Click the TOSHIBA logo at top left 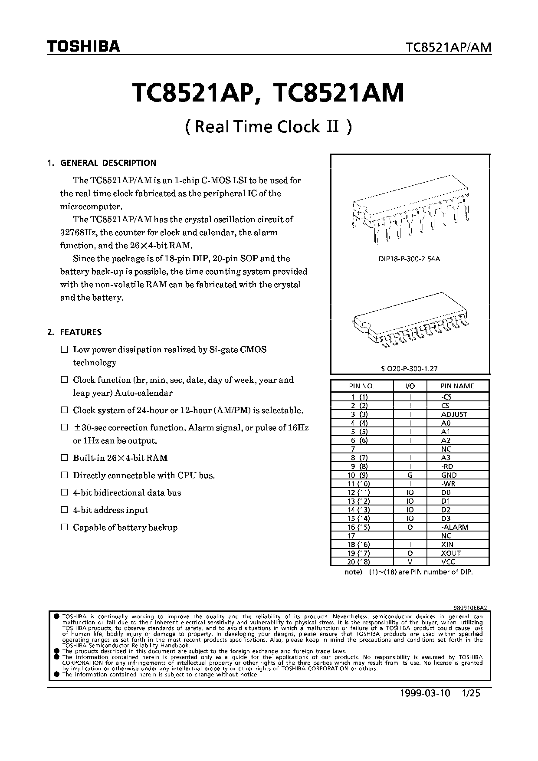point(83,46)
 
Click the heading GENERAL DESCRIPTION point(108,163)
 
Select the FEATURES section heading point(81,332)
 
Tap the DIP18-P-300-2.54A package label point(410,259)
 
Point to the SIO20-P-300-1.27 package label point(410,368)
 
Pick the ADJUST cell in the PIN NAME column point(454,414)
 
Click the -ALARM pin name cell point(454,527)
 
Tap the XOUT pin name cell point(451,553)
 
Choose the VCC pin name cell point(448,562)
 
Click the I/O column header point(410,386)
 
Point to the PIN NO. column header point(361,386)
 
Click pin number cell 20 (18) point(358,562)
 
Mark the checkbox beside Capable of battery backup point(65,527)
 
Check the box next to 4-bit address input point(65,510)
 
